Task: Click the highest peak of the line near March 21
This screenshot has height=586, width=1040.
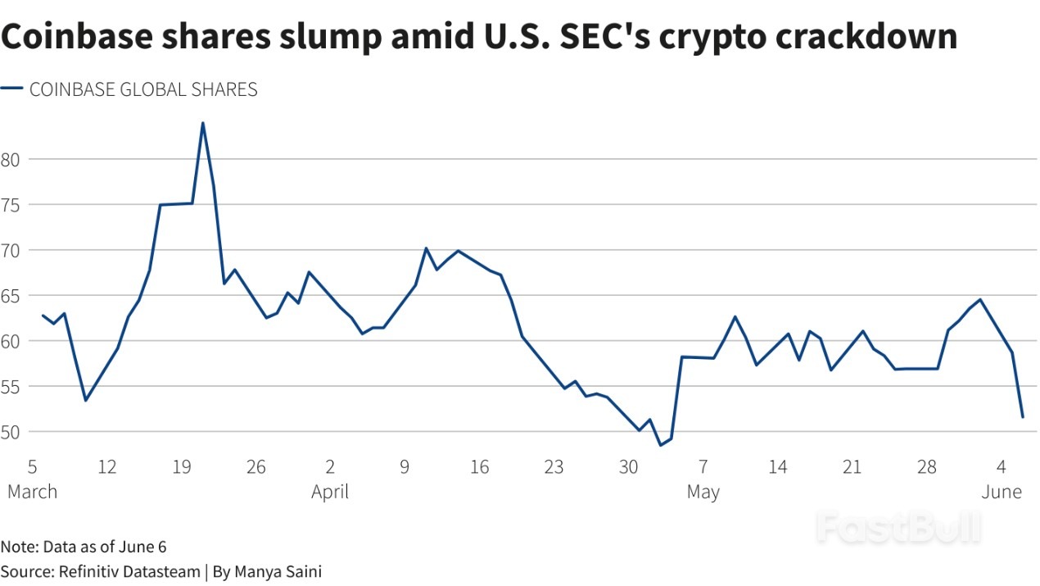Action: tap(202, 123)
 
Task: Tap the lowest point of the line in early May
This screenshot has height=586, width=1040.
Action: tap(660, 445)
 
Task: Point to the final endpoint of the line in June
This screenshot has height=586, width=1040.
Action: tap(1022, 417)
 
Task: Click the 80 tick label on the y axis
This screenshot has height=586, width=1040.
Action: tap(10, 159)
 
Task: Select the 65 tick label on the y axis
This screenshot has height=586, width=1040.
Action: tap(10, 295)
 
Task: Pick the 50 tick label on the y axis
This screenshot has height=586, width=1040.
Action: tap(10, 431)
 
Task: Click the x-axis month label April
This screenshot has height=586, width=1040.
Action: tap(330, 492)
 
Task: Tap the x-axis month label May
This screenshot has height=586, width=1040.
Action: tap(703, 492)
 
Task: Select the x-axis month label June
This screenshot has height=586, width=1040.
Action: tap(1002, 492)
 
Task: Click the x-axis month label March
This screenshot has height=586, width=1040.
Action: tap(32, 492)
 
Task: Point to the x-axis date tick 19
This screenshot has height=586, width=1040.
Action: tap(182, 467)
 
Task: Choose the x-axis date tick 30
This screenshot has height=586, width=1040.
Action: tap(629, 467)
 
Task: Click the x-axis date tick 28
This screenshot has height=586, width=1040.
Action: tap(927, 467)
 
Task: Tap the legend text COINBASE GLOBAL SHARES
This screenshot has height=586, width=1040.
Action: tap(143, 90)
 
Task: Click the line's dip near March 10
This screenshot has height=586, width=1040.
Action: tap(86, 400)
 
